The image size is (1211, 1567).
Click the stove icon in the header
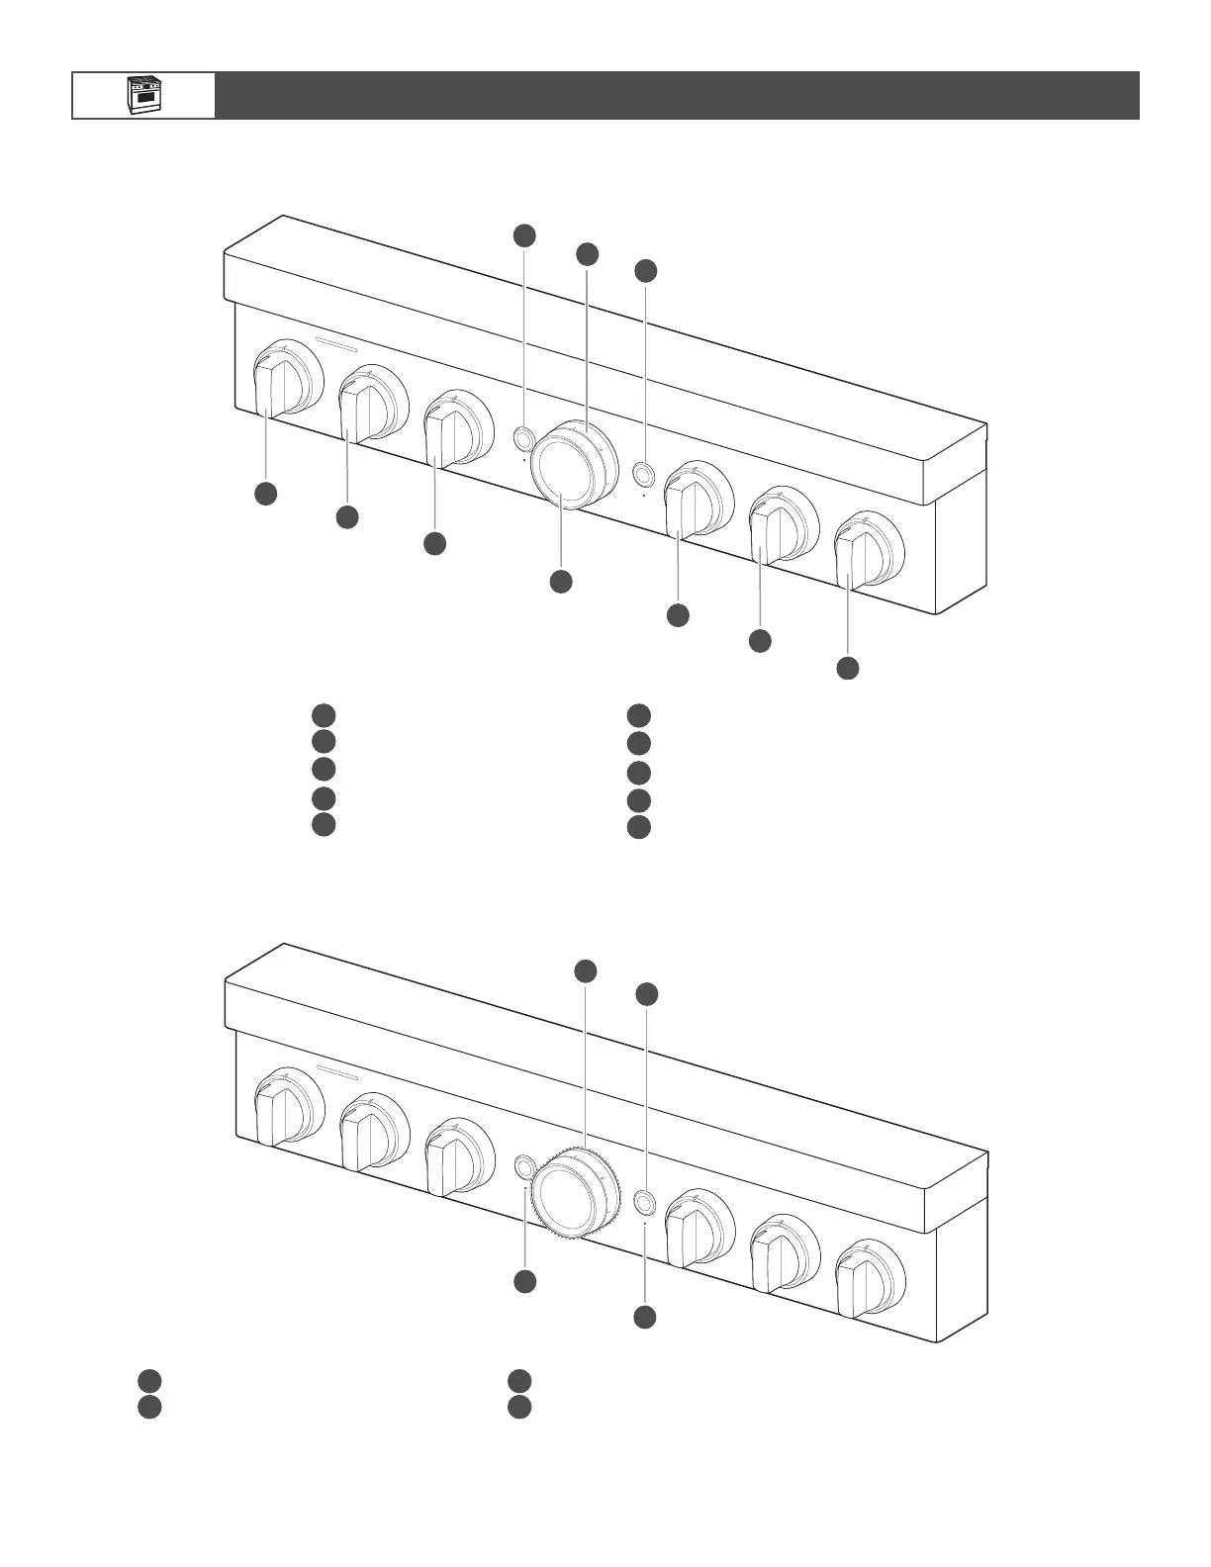(x=142, y=95)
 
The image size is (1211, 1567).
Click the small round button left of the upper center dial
(x=523, y=438)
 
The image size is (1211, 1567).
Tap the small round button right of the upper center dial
(x=644, y=474)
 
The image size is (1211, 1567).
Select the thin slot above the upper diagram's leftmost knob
(x=335, y=346)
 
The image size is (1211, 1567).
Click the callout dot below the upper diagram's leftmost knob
(x=265, y=494)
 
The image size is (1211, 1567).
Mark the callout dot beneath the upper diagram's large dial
(x=560, y=582)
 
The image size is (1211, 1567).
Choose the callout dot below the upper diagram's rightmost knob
(x=848, y=668)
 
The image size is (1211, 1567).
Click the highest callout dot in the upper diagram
(x=524, y=234)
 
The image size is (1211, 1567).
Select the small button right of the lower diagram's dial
(x=644, y=1202)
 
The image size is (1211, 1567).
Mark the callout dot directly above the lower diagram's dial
(x=586, y=970)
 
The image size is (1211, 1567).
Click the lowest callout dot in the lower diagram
(x=645, y=1317)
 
